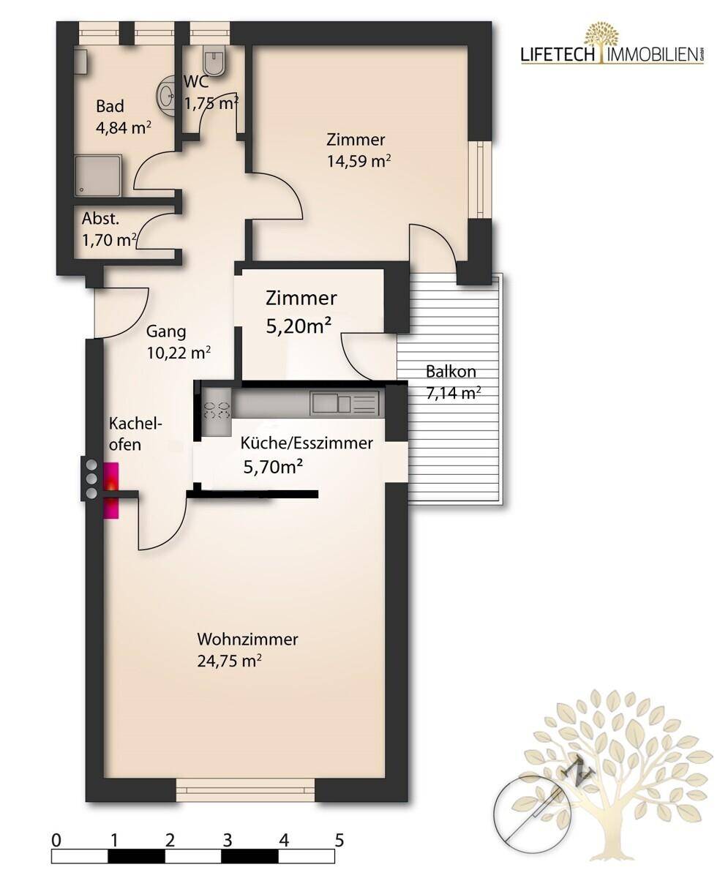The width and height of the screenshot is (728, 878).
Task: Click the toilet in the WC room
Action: tap(214, 61)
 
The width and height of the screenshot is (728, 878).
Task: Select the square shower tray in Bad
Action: tap(99, 176)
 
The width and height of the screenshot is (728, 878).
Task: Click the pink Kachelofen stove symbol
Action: tap(111, 490)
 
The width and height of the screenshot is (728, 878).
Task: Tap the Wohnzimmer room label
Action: tap(248, 639)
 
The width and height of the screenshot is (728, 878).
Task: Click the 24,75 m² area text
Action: tap(229, 661)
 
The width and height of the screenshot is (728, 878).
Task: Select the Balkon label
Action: tap(451, 371)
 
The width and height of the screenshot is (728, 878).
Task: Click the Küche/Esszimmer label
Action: tap(307, 443)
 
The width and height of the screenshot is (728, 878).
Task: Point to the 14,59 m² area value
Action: tap(359, 161)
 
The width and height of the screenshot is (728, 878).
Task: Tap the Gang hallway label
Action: tap(166, 331)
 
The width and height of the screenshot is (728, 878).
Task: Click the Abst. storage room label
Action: tap(100, 218)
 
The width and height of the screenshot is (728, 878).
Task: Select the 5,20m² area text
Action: tap(299, 326)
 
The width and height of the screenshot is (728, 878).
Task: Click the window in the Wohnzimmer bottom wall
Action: tap(245, 790)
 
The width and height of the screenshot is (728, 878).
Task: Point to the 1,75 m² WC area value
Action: tap(212, 102)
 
